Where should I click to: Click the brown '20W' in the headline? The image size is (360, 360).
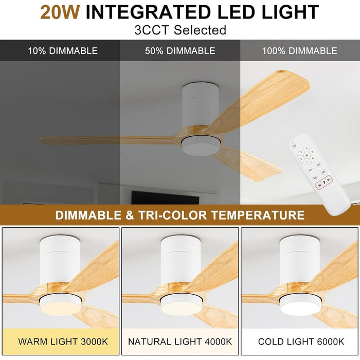click(60, 12)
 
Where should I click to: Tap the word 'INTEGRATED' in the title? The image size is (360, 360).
click(148, 12)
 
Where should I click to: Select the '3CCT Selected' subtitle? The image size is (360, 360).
click(180, 30)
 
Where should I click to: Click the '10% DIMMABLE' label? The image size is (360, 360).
click(63, 51)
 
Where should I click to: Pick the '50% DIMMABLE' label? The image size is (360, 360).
click(180, 51)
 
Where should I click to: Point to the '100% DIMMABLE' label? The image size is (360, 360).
click(300, 51)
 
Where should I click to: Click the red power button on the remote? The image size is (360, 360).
click(294, 146)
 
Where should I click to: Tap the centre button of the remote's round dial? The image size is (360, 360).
click(307, 155)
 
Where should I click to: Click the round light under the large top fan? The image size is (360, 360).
click(201, 146)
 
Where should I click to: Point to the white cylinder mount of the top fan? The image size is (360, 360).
click(201, 105)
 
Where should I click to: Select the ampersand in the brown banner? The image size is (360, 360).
click(130, 215)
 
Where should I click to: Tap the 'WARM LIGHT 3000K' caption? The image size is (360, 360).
click(63, 341)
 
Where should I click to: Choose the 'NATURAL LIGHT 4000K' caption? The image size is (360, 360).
click(180, 341)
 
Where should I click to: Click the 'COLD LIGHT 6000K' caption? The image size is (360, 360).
click(301, 341)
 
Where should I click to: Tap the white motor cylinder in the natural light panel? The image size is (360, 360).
click(181, 260)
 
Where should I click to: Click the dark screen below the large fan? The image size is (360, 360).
click(165, 197)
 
